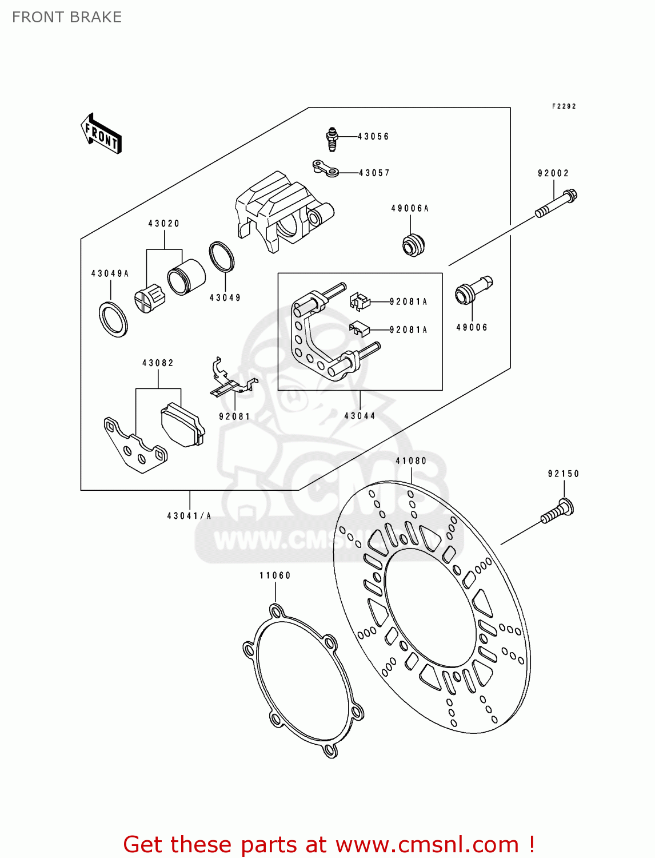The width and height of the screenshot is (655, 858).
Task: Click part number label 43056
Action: pos(373,137)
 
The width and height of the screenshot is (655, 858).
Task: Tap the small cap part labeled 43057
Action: pos(325,169)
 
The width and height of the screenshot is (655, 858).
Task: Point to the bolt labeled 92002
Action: pos(556,204)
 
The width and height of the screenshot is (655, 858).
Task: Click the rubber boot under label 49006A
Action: pos(413,245)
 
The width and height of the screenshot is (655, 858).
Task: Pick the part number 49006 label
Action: pos(472,328)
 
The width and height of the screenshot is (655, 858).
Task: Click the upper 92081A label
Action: pos(408,302)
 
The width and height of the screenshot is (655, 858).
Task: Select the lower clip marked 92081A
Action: pos(359,329)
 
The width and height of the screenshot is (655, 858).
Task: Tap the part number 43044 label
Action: pos(360,416)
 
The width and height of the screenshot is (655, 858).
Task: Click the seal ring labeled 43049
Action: pos(222,257)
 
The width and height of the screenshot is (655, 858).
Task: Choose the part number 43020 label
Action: pos(164,224)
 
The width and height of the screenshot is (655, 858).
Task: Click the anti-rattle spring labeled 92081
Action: pos(231,380)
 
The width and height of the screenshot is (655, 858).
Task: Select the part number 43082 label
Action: pos(158,363)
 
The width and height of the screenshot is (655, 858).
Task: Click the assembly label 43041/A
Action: pos(189,516)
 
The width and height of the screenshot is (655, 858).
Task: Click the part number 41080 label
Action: pos(411,461)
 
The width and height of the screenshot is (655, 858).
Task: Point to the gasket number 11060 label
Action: pos(275,575)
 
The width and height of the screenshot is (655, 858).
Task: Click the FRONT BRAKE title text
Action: pos(67,17)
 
